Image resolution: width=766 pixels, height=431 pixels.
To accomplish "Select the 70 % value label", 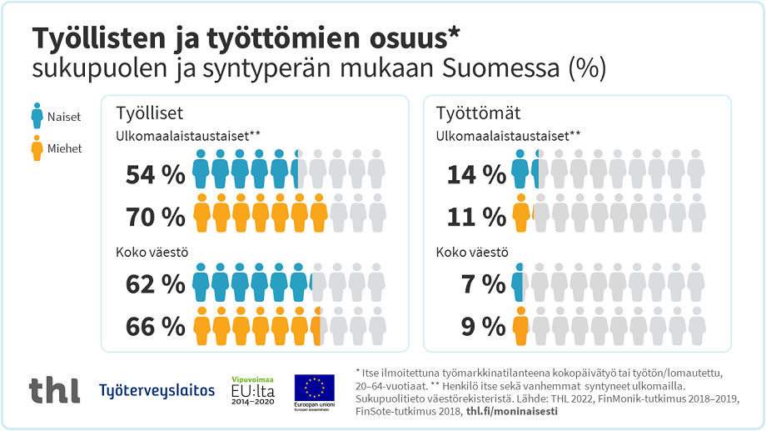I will tap(155, 217).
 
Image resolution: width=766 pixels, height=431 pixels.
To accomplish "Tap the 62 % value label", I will tap(155, 284).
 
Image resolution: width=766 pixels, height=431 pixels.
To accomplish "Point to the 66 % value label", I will tap(155, 327).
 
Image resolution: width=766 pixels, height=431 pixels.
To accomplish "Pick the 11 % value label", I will tap(477, 217).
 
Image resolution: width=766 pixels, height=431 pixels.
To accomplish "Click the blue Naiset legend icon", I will tap(37, 116).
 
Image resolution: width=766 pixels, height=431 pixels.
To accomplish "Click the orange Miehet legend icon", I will tap(37, 148).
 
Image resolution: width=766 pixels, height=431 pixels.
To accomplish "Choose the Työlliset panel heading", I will tap(150, 113).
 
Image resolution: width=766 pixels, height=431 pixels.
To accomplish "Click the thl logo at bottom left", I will tap(54, 388).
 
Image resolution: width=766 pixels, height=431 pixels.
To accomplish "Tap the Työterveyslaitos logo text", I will tap(157, 390).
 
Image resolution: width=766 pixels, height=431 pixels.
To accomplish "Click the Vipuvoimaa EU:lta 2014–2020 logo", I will tap(252, 388).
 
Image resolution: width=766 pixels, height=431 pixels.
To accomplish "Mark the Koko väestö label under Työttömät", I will tap(472, 253).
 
